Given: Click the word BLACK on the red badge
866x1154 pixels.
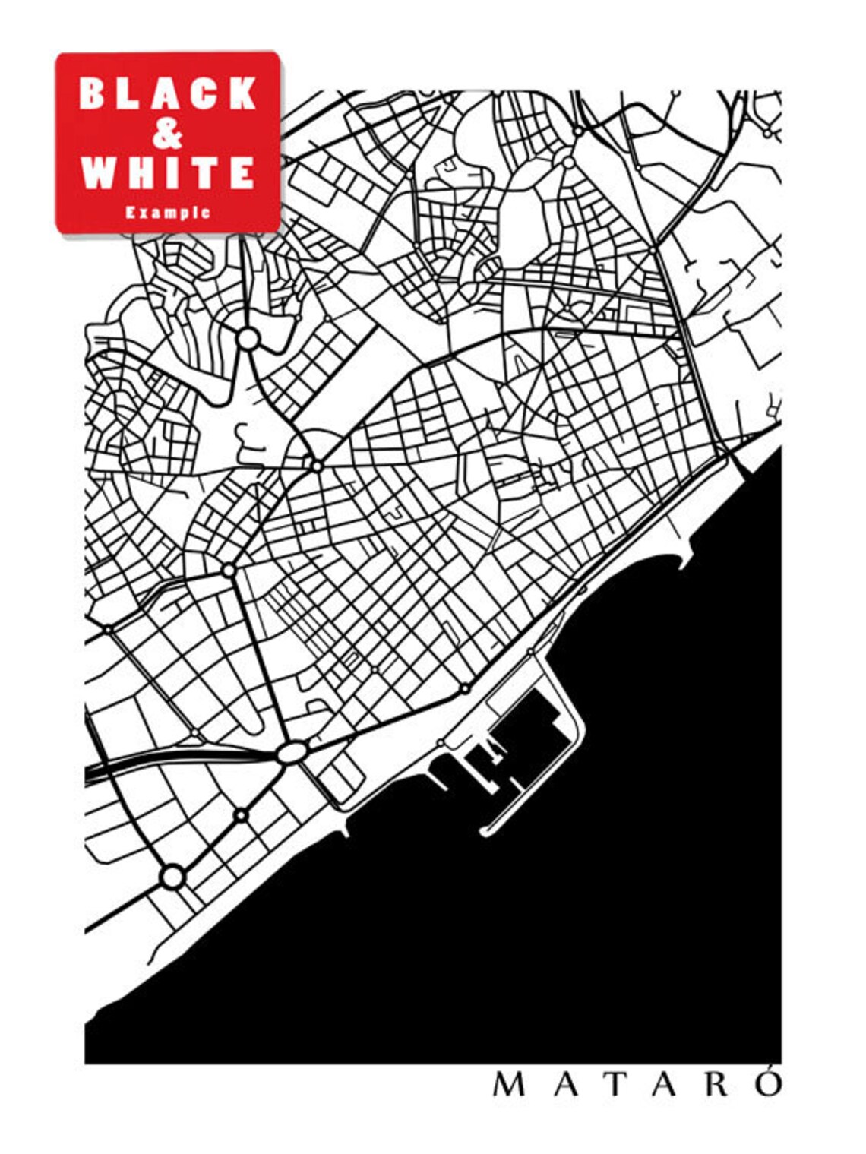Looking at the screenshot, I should pyautogui.click(x=168, y=94).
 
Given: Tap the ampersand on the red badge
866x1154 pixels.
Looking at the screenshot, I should pyautogui.click(x=168, y=134).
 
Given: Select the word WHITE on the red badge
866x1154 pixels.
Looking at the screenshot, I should pyautogui.click(x=168, y=173).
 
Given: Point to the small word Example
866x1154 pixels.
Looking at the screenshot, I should pyautogui.click(x=168, y=213).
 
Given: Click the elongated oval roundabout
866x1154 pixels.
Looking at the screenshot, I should pyautogui.click(x=291, y=753).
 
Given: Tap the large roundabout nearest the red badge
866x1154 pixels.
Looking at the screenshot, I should pyautogui.click(x=248, y=338).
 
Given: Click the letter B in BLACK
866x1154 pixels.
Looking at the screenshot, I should pyautogui.click(x=92, y=94).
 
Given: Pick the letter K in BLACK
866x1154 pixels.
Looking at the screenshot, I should pyautogui.click(x=243, y=94).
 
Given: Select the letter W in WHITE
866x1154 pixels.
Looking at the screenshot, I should pyautogui.click(x=97, y=173).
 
